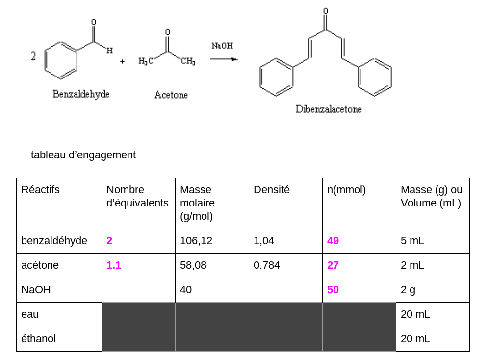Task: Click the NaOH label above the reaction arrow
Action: [222, 46]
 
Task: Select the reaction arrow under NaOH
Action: [224, 59]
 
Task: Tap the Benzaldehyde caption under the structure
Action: [81, 94]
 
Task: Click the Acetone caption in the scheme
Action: [171, 95]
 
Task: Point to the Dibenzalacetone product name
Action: [328, 109]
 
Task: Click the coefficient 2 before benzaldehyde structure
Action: [33, 56]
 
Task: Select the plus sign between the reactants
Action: [122, 61]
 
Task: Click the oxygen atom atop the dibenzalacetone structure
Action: [325, 11]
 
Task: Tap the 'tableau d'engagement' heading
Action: [83, 155]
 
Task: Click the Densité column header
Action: [271, 190]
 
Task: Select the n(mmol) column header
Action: [346, 190]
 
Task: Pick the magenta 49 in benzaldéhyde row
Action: [333, 241]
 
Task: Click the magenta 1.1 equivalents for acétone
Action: [113, 265]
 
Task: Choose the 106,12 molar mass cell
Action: [193, 241]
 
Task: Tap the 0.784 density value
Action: [267, 265]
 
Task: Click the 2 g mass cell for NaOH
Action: [408, 290]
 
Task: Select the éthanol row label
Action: [38, 339]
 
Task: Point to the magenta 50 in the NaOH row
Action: [333, 290]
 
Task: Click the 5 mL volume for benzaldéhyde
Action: [412, 241]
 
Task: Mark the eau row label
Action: [30, 314]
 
